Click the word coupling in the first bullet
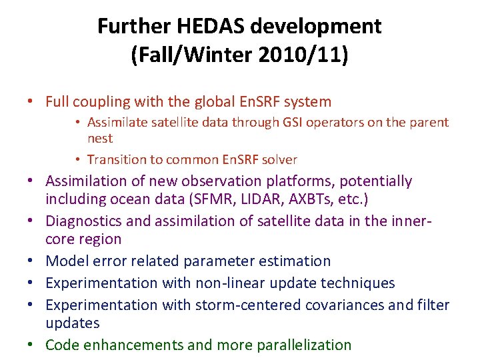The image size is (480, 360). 99,102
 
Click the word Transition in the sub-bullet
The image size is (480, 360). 118,159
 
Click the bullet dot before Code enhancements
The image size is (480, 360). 31,345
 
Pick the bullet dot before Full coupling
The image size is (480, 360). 31,102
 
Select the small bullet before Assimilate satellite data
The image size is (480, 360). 78,123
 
